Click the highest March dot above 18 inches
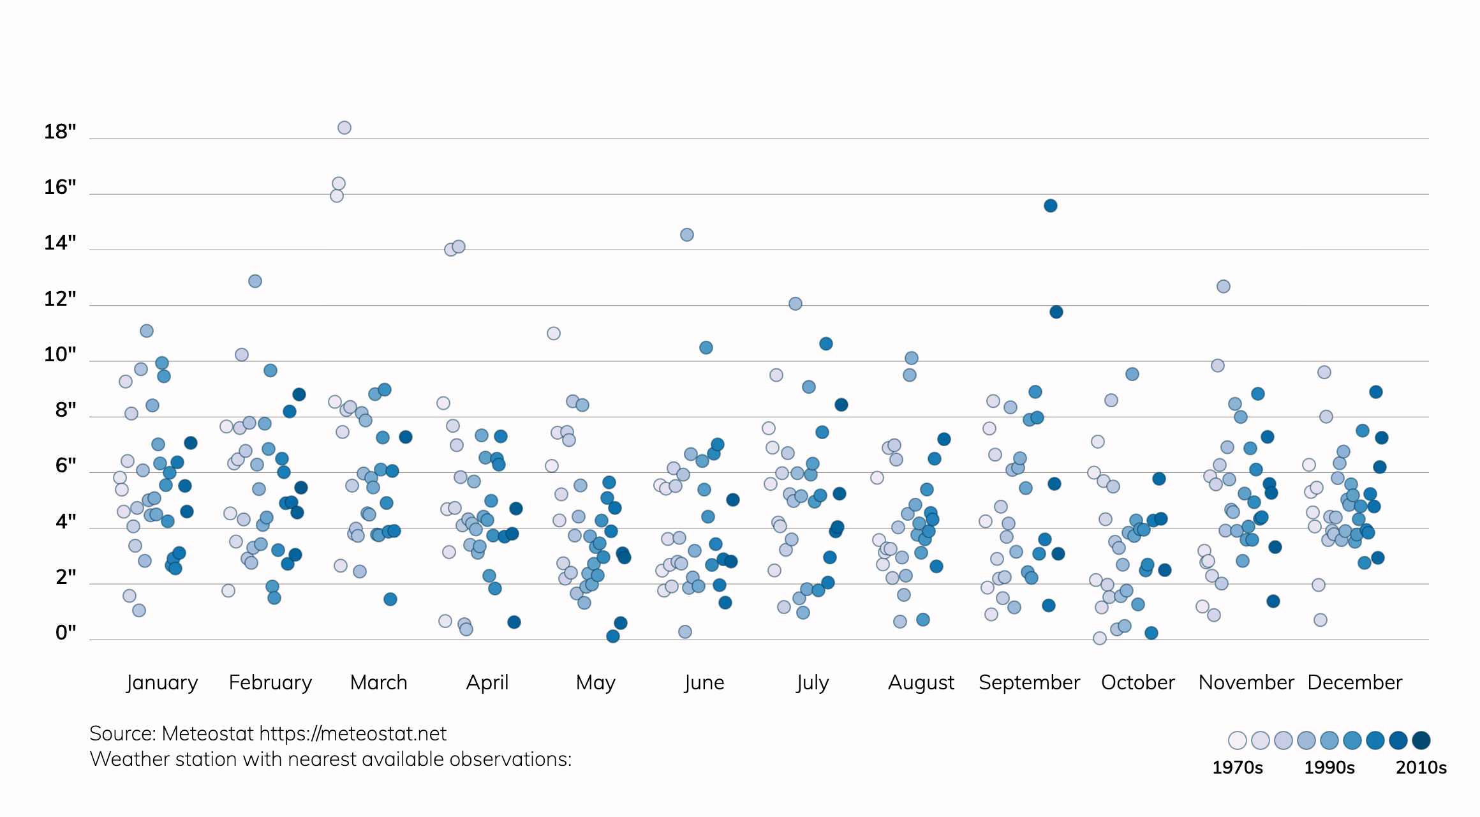(344, 128)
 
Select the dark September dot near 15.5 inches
(1051, 206)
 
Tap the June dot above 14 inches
(687, 235)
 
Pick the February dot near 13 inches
(255, 281)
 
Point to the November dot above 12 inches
(1224, 287)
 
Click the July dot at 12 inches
(796, 304)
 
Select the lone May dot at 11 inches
(554, 334)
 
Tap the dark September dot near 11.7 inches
(1056, 312)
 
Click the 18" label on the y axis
(60, 132)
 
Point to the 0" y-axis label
(66, 633)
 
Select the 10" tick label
(60, 354)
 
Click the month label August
(921, 682)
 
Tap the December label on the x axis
(1355, 682)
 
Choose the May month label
(595, 683)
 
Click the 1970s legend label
(1238, 767)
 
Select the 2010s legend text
(1421, 767)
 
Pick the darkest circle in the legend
(1421, 740)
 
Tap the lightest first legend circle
(1238, 740)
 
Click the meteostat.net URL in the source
(353, 734)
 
